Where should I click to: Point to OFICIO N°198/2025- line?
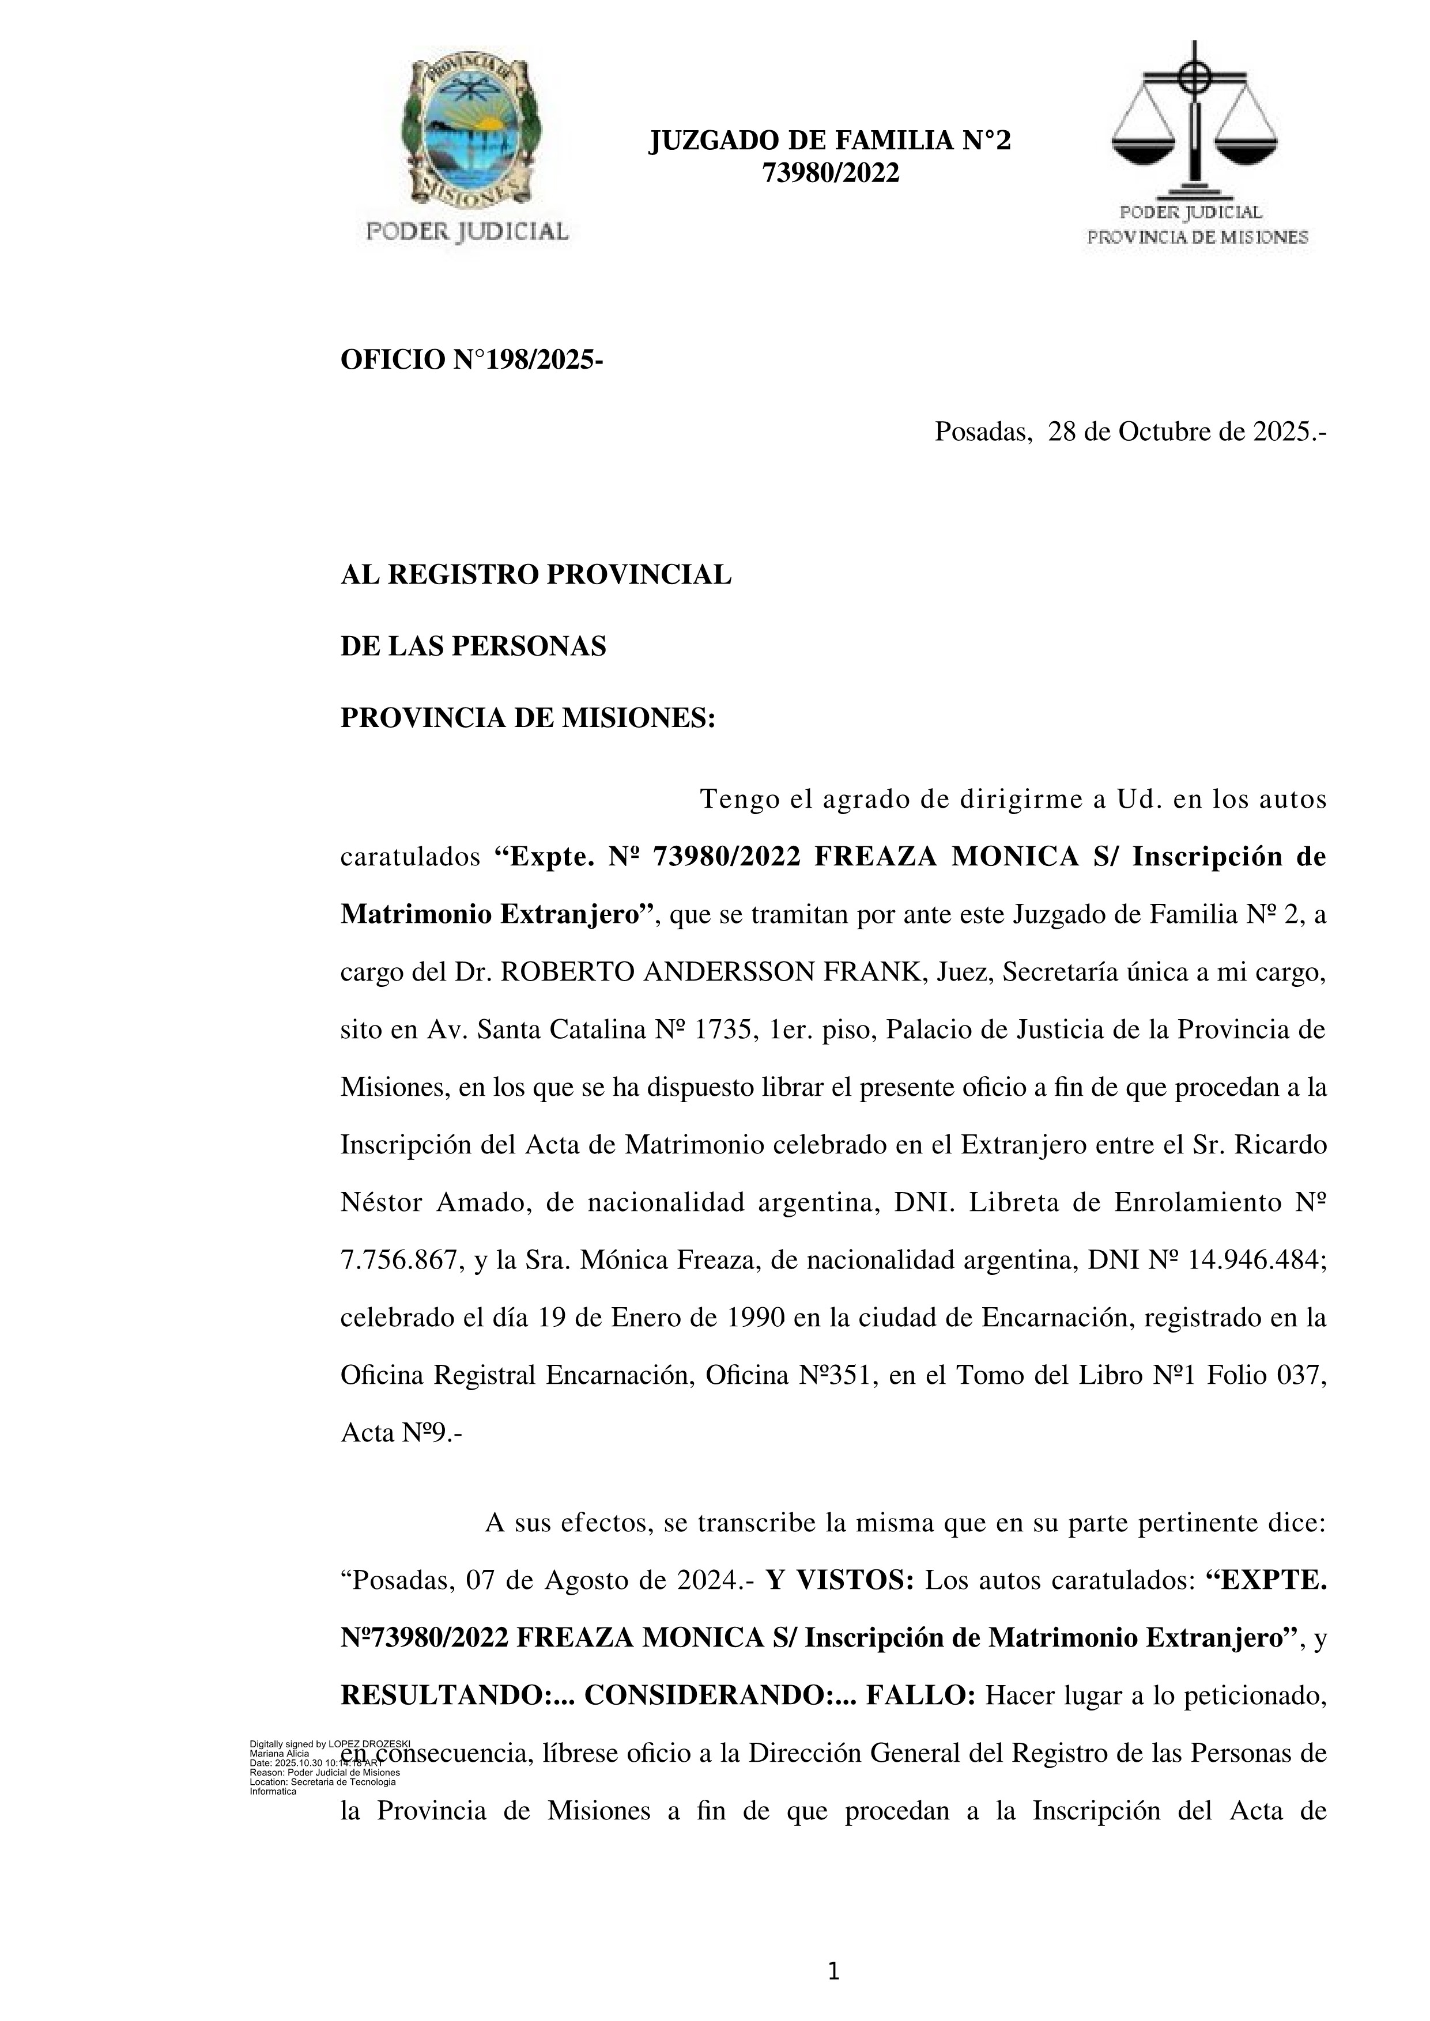coord(472,360)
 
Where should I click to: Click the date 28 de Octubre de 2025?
coord(1184,432)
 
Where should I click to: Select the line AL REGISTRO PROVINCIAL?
coord(535,575)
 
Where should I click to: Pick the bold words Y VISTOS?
coord(840,1581)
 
